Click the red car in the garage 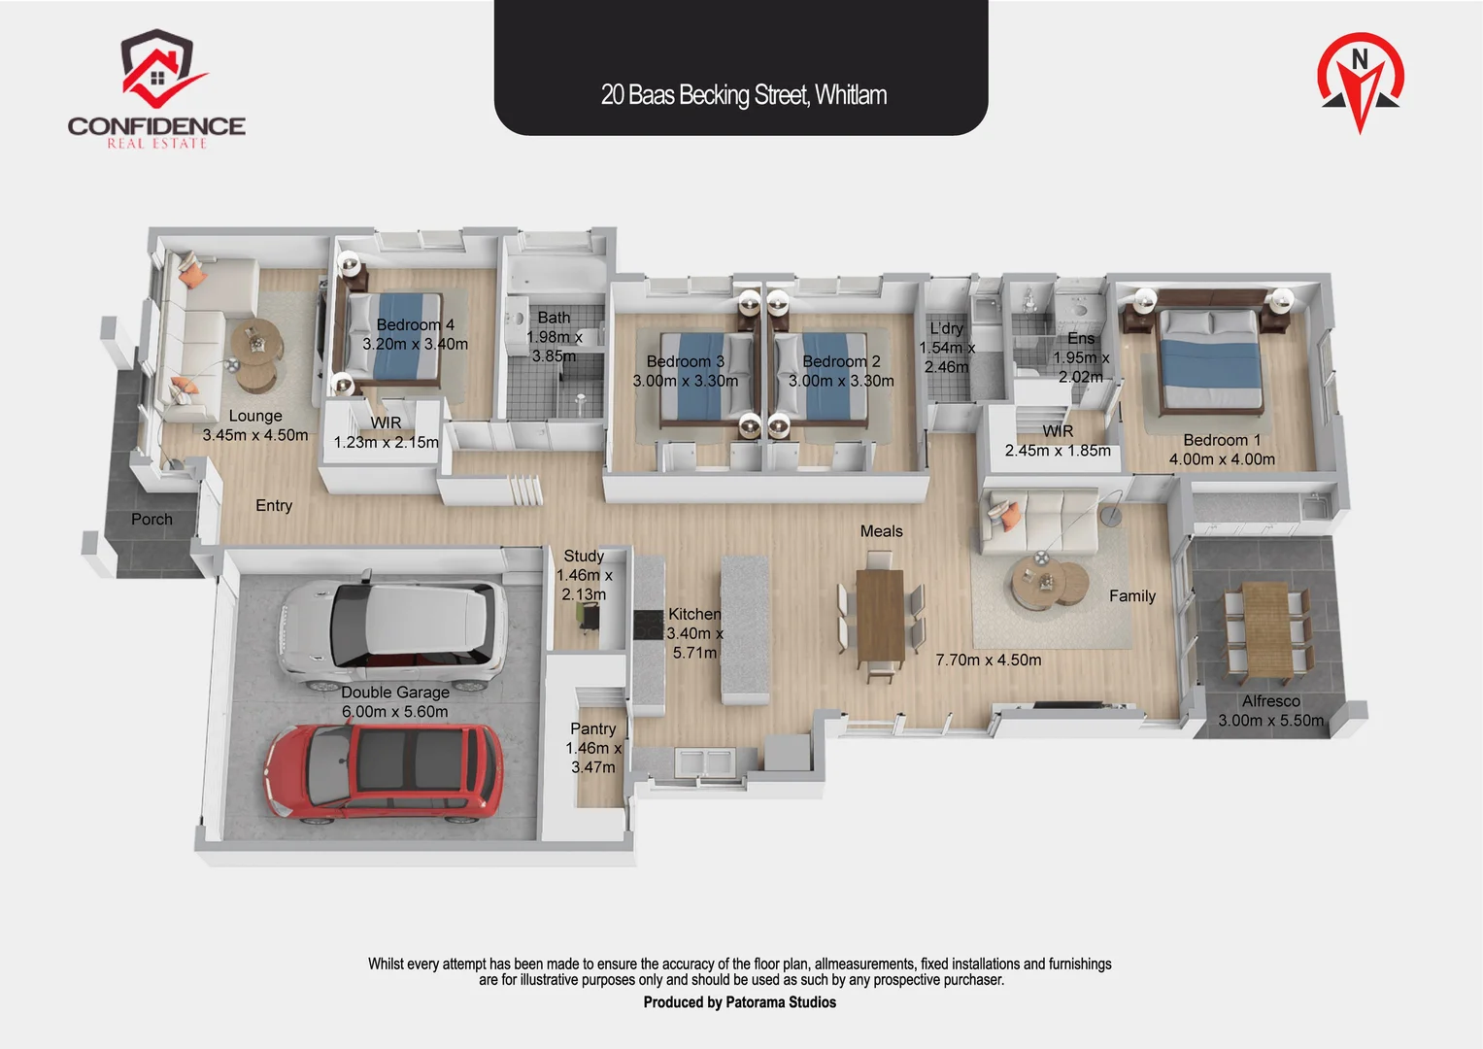point(384,773)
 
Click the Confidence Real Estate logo point(156,88)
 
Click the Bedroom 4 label point(415,324)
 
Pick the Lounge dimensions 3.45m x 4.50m point(254,435)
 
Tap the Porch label point(152,520)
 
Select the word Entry point(274,506)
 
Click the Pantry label point(593,728)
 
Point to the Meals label point(881,531)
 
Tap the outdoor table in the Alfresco point(1266,631)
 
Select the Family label point(1132,596)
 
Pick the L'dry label point(946,328)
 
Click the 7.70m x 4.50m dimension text point(988,660)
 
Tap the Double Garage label point(395,692)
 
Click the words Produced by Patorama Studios point(739,1002)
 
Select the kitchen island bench point(745,629)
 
